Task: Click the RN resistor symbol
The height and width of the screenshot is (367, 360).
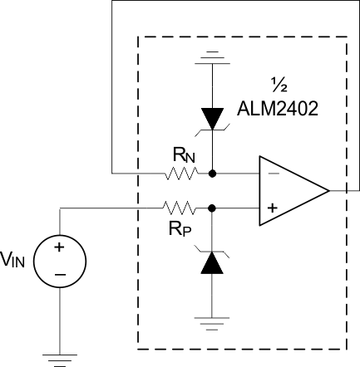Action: click(x=181, y=174)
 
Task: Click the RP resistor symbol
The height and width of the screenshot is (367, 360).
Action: click(x=181, y=208)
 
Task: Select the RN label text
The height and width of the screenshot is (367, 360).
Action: click(x=182, y=156)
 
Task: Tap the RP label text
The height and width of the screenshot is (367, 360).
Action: click(x=183, y=228)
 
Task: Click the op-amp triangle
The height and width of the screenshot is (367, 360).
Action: click(x=291, y=190)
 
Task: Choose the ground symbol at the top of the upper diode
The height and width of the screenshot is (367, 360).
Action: click(x=214, y=57)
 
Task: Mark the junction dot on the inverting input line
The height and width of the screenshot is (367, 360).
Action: click(x=214, y=174)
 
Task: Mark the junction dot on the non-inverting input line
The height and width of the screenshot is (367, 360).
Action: click(x=214, y=208)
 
